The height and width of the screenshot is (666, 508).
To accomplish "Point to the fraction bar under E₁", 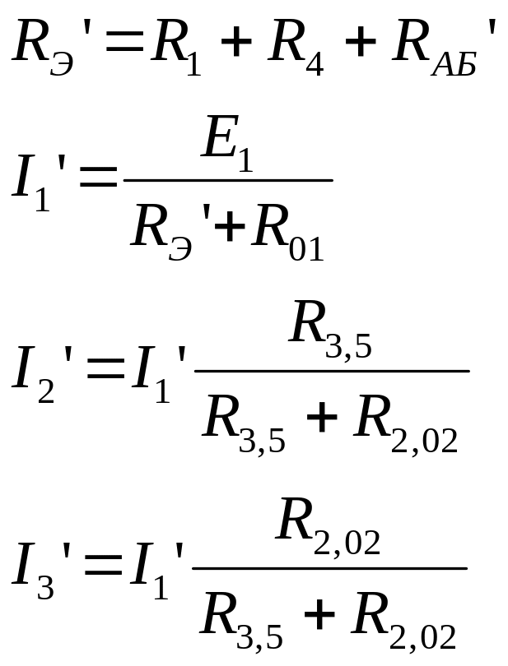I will pyautogui.click(x=227, y=180).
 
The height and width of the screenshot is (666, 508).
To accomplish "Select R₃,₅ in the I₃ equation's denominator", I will pyautogui.click(x=243, y=621).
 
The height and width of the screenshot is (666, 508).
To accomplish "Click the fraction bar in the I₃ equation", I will pyautogui.click(x=329, y=567).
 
